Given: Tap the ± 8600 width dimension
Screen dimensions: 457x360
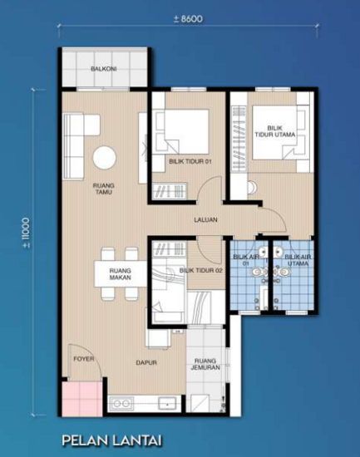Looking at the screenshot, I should click(x=187, y=18).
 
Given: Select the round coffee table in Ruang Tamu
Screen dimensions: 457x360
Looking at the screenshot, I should click(x=105, y=158).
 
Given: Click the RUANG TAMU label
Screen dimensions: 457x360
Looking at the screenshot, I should click(x=104, y=188).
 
